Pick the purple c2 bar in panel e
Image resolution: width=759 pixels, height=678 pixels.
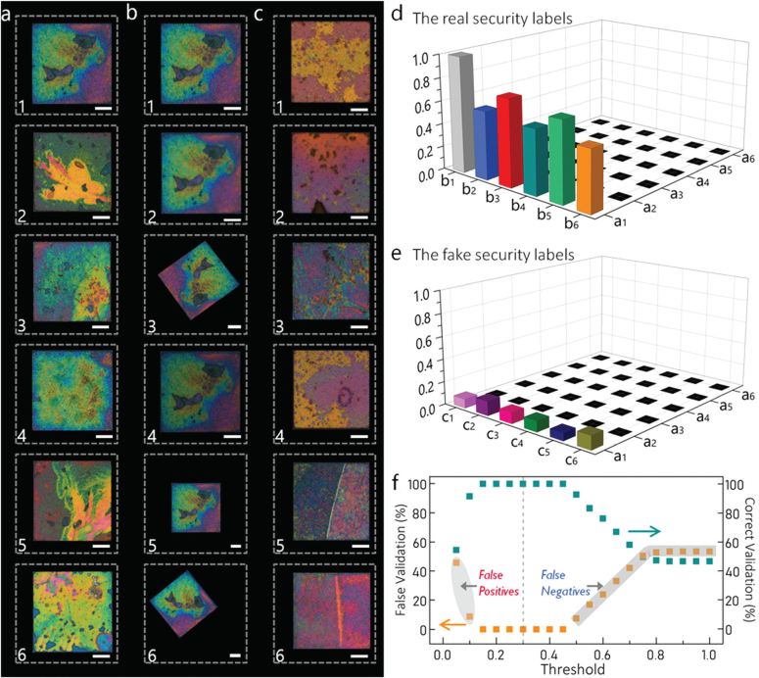pos(487,403)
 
